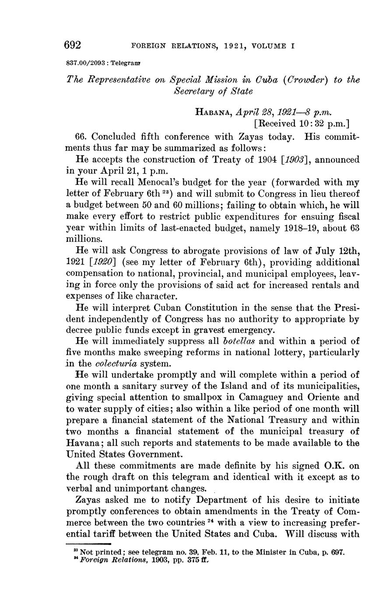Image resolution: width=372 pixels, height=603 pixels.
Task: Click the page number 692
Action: (73, 45)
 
